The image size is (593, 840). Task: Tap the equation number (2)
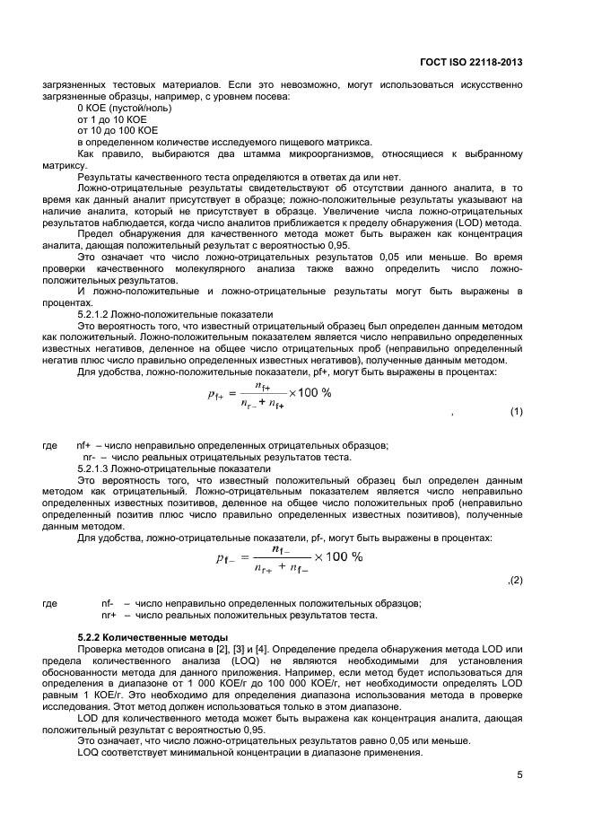pyautogui.click(x=514, y=580)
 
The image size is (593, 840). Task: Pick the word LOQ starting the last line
pyautogui.click(x=89, y=750)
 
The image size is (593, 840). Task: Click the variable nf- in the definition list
pyautogui.click(x=108, y=602)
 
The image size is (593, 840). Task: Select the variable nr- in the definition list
pyautogui.click(x=90, y=457)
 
